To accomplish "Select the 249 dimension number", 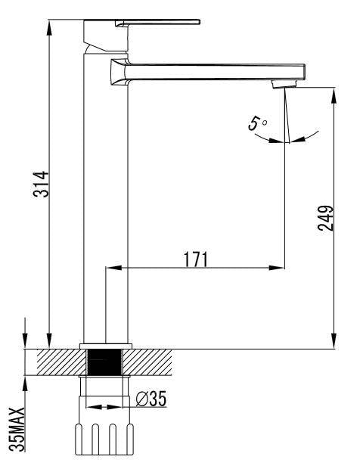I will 326,219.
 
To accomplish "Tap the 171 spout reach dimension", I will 195,259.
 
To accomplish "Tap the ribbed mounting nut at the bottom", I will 105,439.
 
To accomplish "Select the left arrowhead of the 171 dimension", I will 110,267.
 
